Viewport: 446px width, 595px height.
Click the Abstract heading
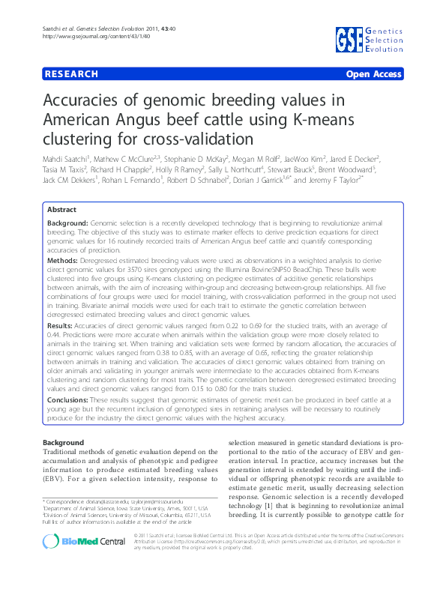tap(62, 211)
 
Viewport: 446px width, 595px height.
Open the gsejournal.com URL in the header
tap(88, 36)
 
